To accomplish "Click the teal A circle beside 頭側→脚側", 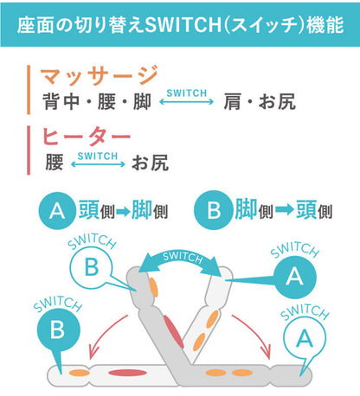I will tap(56, 210).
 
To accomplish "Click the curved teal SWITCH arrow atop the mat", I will tap(182, 259).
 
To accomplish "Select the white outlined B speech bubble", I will tap(92, 270).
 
